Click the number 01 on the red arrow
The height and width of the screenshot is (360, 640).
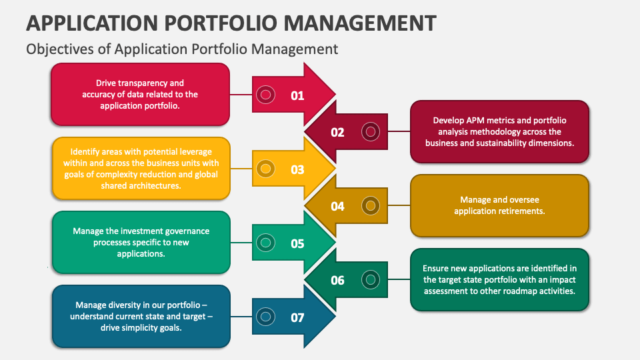[x=297, y=95]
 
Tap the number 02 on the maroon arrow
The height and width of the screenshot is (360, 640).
[x=337, y=132]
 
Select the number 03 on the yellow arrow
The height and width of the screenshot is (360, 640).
[x=297, y=169]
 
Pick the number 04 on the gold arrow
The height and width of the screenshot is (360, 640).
[x=337, y=206]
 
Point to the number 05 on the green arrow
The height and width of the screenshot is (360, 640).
[x=297, y=243]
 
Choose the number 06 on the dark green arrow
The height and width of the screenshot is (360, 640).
[x=337, y=280]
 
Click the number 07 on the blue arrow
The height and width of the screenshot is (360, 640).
[x=297, y=317]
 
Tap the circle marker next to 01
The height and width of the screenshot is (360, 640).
[x=265, y=95]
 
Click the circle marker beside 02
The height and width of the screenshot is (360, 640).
[x=369, y=131]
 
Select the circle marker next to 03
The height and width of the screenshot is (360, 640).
[x=265, y=169]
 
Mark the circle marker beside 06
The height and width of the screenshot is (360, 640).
[x=369, y=279]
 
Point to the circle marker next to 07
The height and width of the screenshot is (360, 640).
[x=265, y=317]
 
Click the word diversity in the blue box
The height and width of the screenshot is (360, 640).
[x=127, y=305]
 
